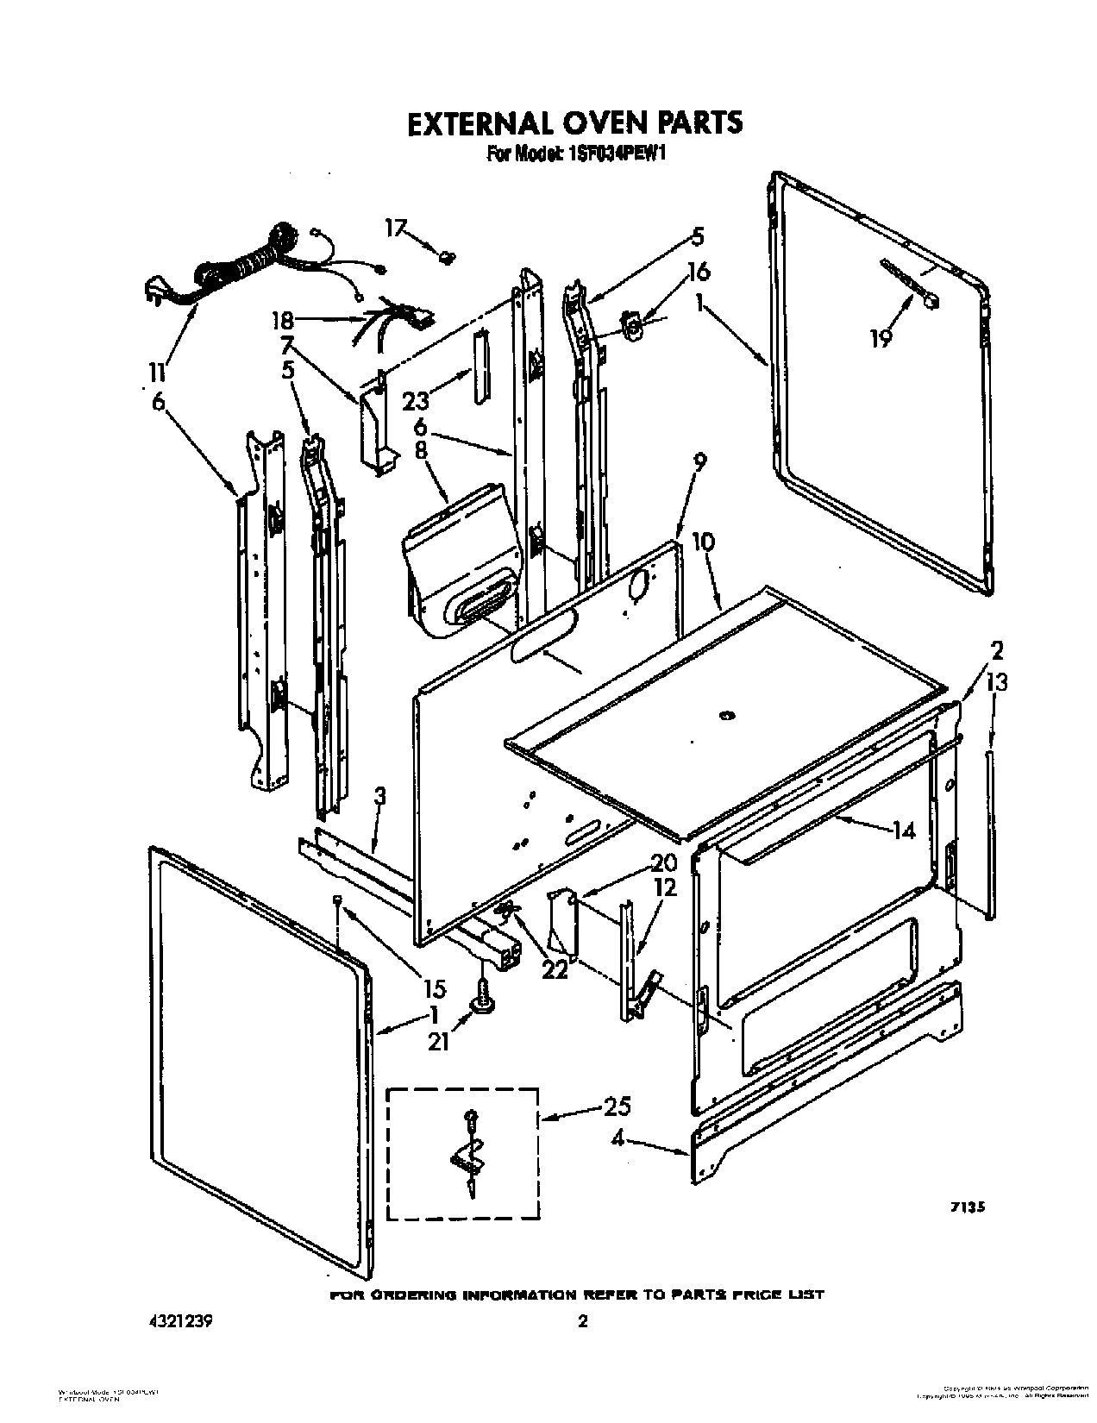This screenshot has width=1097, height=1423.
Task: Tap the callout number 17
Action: click(x=395, y=228)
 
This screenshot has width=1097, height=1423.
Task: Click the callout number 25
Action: click(x=617, y=1106)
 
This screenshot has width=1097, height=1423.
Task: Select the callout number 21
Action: click(x=439, y=1043)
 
